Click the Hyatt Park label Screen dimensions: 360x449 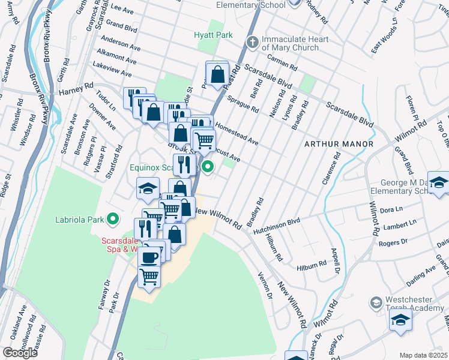tap(213, 35)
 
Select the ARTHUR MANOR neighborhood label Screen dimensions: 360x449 tap(339, 144)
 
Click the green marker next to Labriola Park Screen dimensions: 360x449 tap(112, 219)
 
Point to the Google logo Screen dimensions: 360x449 tap(20, 352)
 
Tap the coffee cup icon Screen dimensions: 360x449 tap(149, 257)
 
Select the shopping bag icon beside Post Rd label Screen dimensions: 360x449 tap(217, 74)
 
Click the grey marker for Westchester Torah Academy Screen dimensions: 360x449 tap(376, 301)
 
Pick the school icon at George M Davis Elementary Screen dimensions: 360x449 tap(439, 183)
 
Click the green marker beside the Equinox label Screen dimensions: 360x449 tap(208, 167)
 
